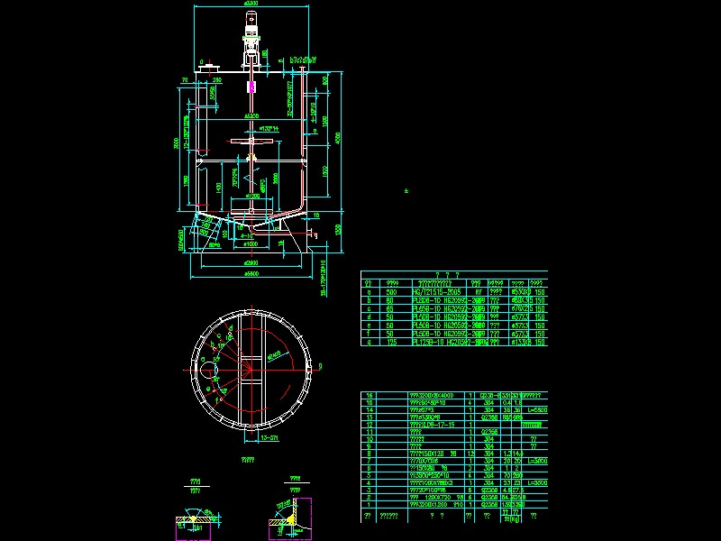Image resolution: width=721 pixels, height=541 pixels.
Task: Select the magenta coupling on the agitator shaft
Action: click(x=251, y=88)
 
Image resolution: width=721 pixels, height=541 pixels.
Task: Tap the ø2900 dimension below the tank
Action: click(x=251, y=261)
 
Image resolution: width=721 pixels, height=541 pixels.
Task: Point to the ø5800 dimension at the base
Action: click(x=251, y=273)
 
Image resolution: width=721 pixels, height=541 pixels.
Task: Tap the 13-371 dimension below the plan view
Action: click(x=268, y=436)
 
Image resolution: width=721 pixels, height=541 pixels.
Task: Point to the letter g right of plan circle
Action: click(x=322, y=366)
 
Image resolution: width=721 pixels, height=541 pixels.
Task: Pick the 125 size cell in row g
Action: click(x=391, y=343)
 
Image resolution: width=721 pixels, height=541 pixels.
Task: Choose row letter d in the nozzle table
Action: click(x=367, y=317)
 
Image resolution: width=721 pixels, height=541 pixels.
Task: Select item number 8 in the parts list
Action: click(x=367, y=454)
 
